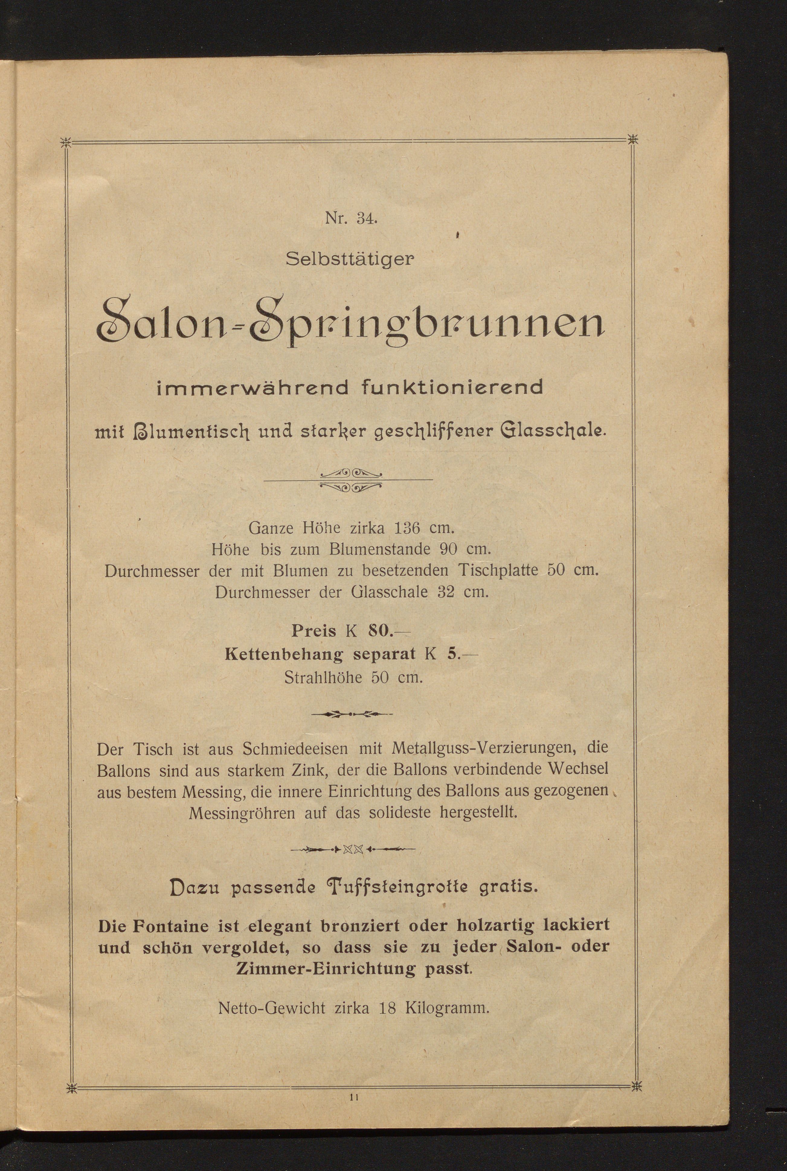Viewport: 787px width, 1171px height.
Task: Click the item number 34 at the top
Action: point(366,219)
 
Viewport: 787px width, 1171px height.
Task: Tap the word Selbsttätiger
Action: point(350,259)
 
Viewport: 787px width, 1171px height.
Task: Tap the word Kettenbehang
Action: point(284,654)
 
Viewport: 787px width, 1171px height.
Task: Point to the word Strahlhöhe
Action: point(323,677)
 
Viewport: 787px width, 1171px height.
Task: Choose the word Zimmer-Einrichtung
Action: point(326,968)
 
